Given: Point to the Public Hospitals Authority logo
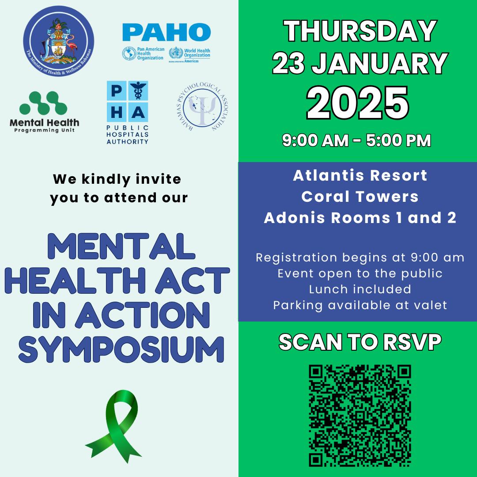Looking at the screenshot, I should coord(127,112).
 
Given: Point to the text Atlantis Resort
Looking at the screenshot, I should coord(360,176).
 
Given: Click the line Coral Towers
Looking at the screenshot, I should coord(360,197).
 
